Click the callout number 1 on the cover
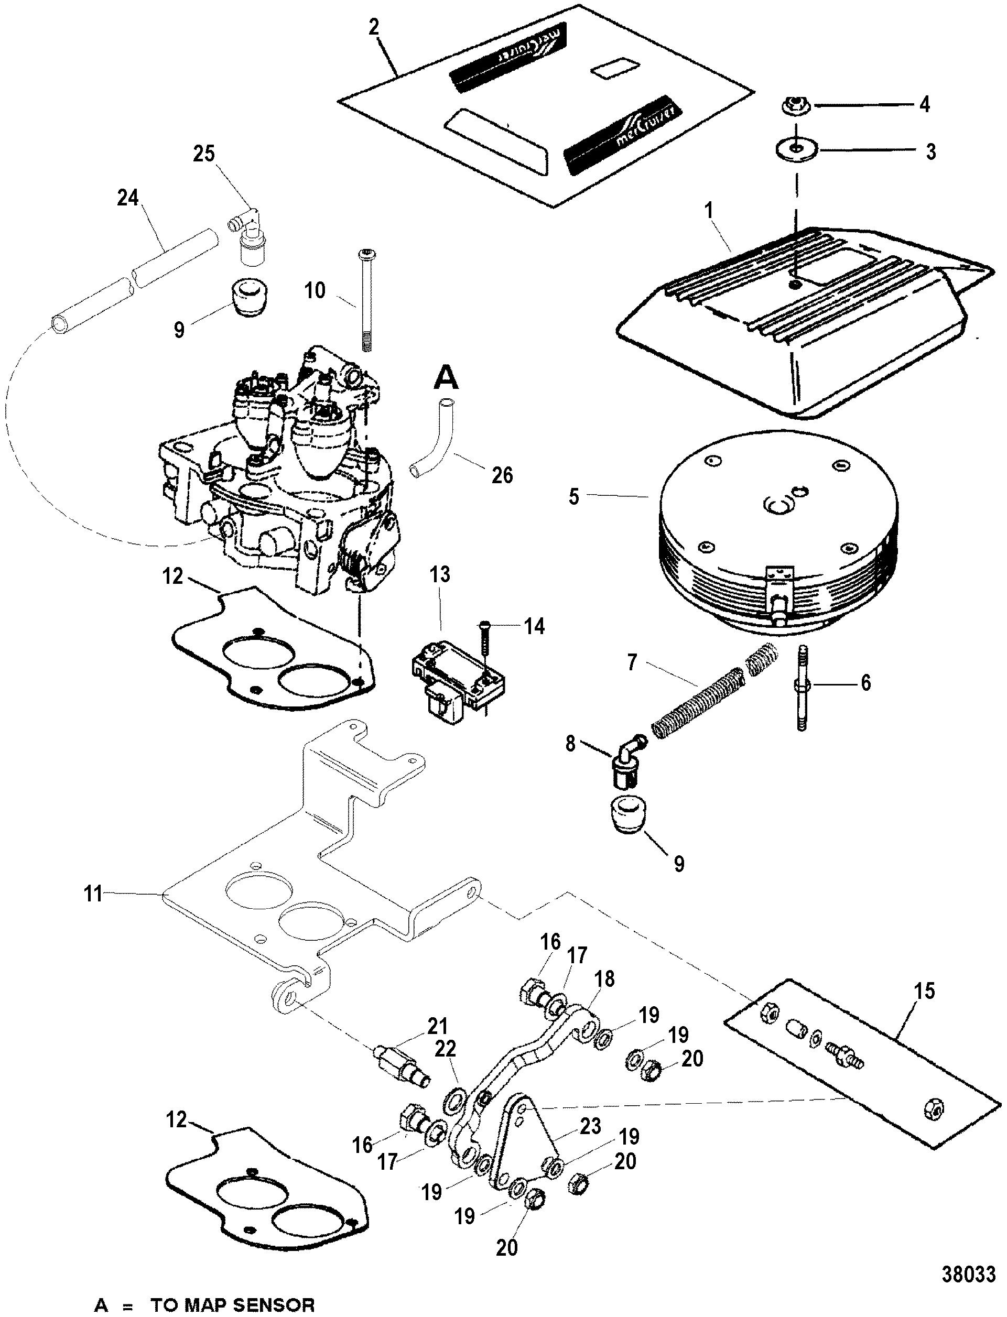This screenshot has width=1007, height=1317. click(709, 211)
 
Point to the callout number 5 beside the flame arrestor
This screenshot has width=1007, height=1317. click(574, 497)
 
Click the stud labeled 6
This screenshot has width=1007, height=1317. click(802, 686)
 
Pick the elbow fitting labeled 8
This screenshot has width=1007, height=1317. click(626, 756)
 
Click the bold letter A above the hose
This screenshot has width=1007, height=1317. click(446, 378)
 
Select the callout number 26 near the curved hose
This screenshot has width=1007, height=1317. click(502, 475)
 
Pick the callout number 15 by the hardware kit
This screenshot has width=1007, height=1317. click(925, 991)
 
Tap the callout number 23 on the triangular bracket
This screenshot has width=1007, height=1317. click(590, 1126)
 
